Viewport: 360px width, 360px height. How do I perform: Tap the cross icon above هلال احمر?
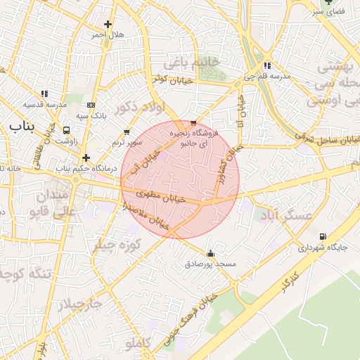[x=108, y=24]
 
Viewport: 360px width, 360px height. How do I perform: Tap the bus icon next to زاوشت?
[x=67, y=130]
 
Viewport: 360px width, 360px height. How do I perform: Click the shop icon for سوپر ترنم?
[x=127, y=131]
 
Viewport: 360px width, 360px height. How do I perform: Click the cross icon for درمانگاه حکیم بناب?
[x=86, y=157]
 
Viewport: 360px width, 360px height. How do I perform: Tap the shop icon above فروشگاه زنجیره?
[x=193, y=123]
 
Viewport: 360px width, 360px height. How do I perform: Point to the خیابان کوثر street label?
[x=172, y=80]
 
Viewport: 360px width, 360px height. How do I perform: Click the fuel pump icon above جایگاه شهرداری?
[x=323, y=236]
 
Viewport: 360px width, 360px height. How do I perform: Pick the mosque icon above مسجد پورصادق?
[x=210, y=253]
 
